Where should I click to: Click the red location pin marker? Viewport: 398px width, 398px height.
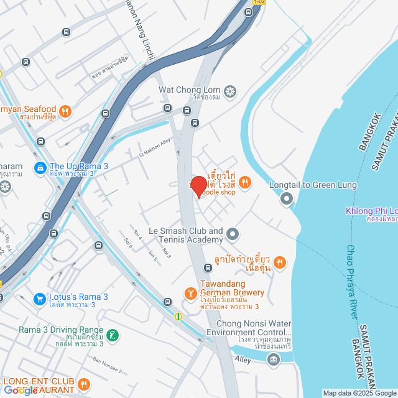coord(198,187)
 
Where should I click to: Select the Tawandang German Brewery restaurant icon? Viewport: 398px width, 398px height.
coord(190,293)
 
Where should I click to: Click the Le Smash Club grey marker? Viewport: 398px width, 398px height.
coord(232,234)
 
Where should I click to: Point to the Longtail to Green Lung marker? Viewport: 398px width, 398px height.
coord(287,199)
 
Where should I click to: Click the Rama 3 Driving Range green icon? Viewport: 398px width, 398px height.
coord(112,335)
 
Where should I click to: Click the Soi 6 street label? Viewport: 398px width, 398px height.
coord(129,243)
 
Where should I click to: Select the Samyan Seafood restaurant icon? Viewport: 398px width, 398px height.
coord(67,112)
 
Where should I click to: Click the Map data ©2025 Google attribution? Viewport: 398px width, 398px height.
coord(359,393)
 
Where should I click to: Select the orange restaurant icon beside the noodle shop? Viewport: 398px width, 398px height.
coord(246,182)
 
